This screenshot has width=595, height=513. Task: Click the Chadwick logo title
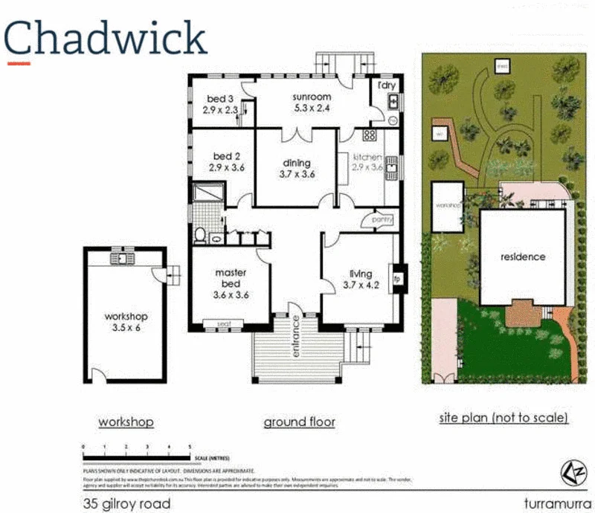(105, 38)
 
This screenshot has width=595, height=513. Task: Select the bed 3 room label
(220, 104)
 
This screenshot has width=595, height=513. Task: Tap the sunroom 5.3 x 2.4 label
(311, 102)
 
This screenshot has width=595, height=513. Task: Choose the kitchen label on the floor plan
(367, 162)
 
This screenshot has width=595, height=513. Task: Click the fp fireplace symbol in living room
(397, 279)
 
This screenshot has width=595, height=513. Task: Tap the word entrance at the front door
(295, 337)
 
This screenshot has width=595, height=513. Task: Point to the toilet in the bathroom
(199, 236)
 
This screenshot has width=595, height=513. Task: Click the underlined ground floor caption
(299, 422)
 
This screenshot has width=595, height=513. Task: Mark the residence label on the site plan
(522, 257)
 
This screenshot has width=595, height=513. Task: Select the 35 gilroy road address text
(126, 504)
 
